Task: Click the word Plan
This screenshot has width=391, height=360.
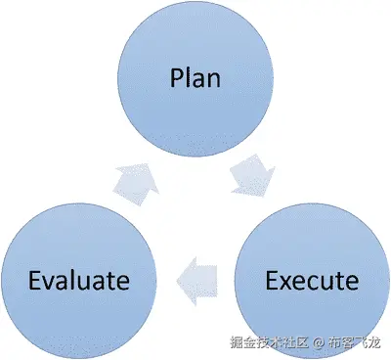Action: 195,77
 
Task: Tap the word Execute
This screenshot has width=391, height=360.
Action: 312,281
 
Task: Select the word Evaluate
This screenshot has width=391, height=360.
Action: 78,281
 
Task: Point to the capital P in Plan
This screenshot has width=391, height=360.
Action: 175,77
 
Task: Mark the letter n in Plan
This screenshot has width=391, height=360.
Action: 213,79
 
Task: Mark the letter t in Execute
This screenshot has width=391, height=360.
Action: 338,282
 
